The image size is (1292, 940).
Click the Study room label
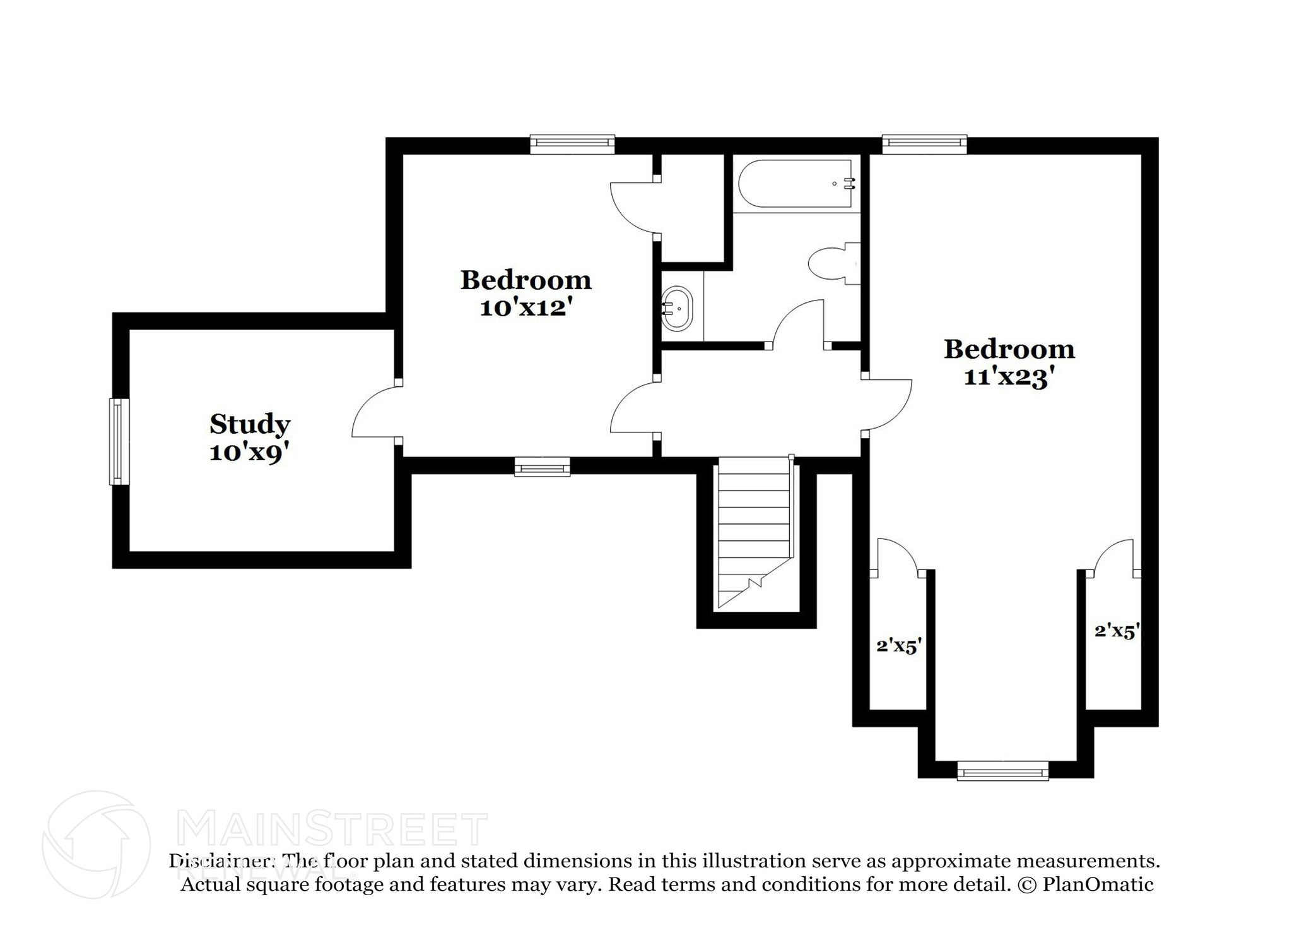(250, 424)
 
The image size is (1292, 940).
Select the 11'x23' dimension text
(1009, 378)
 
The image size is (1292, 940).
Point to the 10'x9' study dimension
(249, 453)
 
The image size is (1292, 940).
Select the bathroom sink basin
(677, 309)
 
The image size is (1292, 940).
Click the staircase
(755, 533)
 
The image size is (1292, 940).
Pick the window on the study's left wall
(118, 441)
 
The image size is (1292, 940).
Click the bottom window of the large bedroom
(1002, 771)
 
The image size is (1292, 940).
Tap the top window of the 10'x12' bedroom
(572, 144)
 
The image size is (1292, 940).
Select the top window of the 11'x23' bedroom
(924, 144)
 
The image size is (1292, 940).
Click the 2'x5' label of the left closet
(899, 646)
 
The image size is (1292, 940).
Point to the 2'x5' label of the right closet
(1117, 631)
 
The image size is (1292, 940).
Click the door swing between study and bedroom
(375, 412)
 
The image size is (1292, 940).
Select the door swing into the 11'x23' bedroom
(890, 404)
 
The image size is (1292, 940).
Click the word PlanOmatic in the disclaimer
(1098, 884)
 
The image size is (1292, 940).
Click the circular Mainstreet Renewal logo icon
(96, 844)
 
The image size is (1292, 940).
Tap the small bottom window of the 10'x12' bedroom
(542, 468)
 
